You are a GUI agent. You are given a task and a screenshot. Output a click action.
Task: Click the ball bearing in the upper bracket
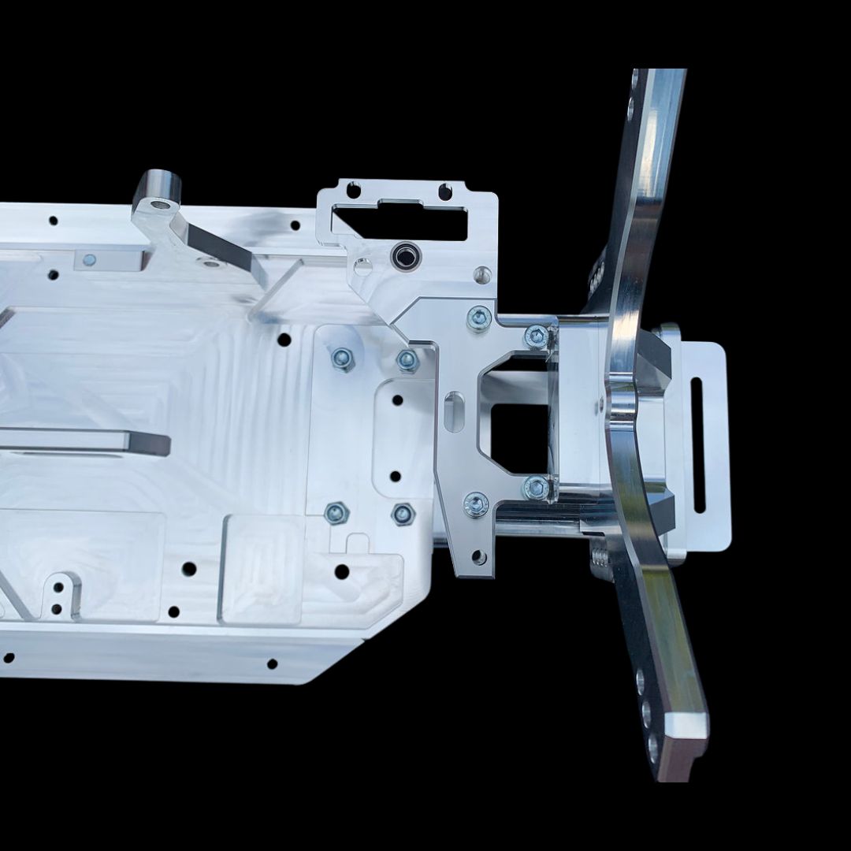[403, 255]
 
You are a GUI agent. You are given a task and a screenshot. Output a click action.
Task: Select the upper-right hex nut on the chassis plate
[407, 360]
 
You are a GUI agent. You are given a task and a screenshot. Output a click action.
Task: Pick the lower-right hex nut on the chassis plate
[403, 515]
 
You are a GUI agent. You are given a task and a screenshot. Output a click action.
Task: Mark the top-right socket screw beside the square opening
[537, 336]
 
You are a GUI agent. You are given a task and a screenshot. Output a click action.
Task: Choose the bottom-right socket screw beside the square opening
[537, 488]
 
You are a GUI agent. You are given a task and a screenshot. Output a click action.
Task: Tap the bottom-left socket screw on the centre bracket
[476, 504]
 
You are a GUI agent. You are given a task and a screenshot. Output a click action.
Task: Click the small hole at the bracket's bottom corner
[478, 558]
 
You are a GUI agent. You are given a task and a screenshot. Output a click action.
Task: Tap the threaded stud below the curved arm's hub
[600, 559]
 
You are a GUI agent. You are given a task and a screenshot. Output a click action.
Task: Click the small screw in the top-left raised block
[89, 259]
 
